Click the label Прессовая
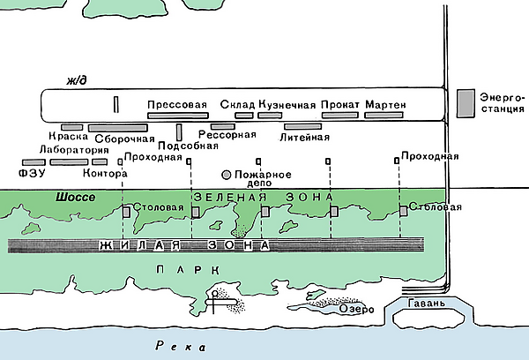click(x=177, y=105)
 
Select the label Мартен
click(x=384, y=105)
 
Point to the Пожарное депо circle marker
click(x=227, y=175)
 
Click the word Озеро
click(x=359, y=311)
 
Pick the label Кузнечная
click(x=287, y=105)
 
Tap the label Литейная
click(x=304, y=138)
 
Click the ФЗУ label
click(x=30, y=174)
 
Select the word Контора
click(x=110, y=174)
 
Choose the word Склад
click(x=237, y=105)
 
